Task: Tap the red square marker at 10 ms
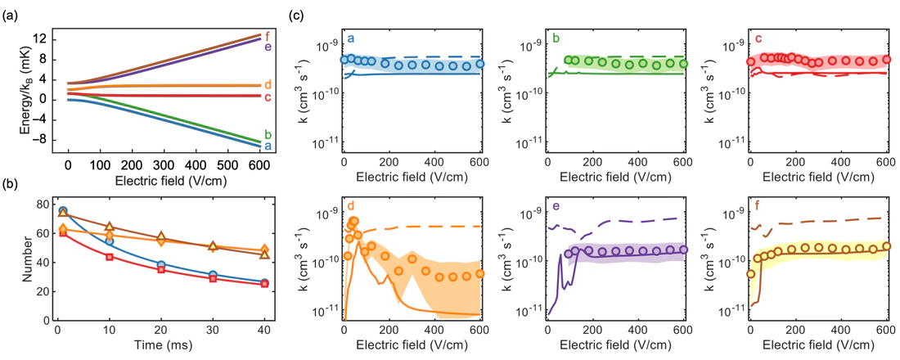click(109, 257)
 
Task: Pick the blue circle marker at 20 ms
click(162, 265)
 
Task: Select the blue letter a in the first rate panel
click(350, 38)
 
